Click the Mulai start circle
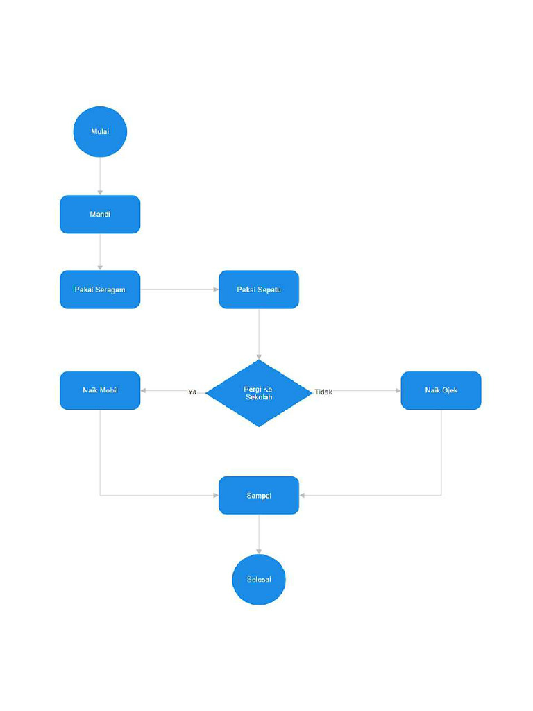(100, 131)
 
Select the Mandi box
(100, 214)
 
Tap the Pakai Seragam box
(100, 289)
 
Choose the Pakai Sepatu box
(259, 289)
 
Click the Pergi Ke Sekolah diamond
(259, 393)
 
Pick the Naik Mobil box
(100, 390)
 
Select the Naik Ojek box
(441, 390)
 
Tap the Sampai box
(259, 495)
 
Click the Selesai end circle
(259, 580)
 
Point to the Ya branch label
(192, 392)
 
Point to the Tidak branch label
(323, 392)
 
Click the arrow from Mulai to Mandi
(100, 176)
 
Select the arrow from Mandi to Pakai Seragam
(100, 251)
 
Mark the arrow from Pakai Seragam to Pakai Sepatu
(179, 289)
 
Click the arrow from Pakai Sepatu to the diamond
(259, 333)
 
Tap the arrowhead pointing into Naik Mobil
(144, 390)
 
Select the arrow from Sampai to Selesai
(259, 534)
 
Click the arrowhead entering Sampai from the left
(215, 495)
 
